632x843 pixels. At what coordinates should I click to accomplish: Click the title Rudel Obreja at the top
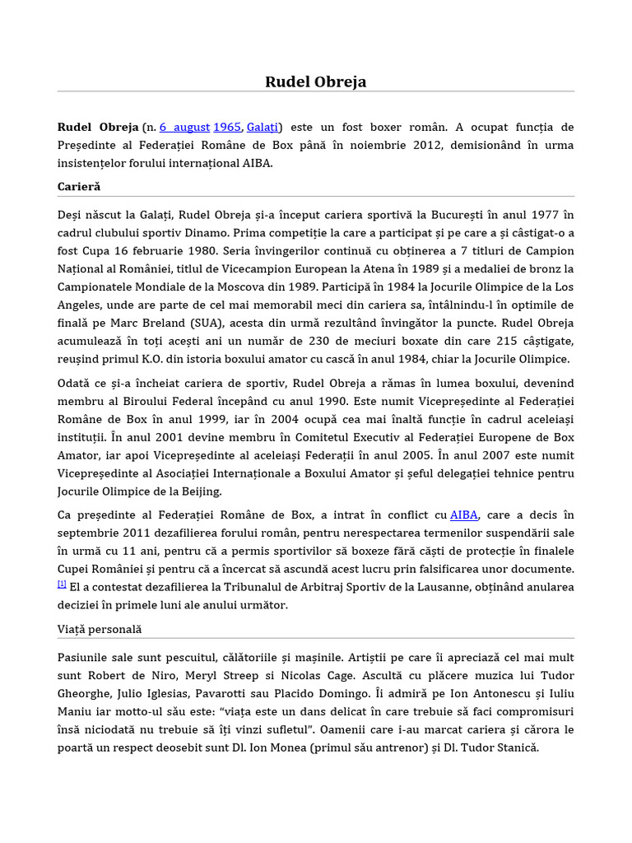point(315,82)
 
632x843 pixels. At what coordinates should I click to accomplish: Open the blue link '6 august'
point(184,127)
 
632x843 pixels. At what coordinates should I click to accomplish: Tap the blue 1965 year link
point(227,127)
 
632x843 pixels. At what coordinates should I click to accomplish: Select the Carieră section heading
point(78,187)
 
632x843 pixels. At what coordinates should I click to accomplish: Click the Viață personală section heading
point(100,629)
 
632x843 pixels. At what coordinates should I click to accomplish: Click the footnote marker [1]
point(62,584)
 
